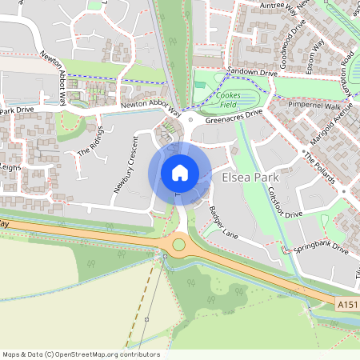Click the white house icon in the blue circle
click(x=180, y=173)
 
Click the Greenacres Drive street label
click(x=234, y=117)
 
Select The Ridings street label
click(x=90, y=140)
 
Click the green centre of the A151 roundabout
click(x=179, y=245)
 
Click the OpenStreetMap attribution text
click(x=81, y=354)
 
